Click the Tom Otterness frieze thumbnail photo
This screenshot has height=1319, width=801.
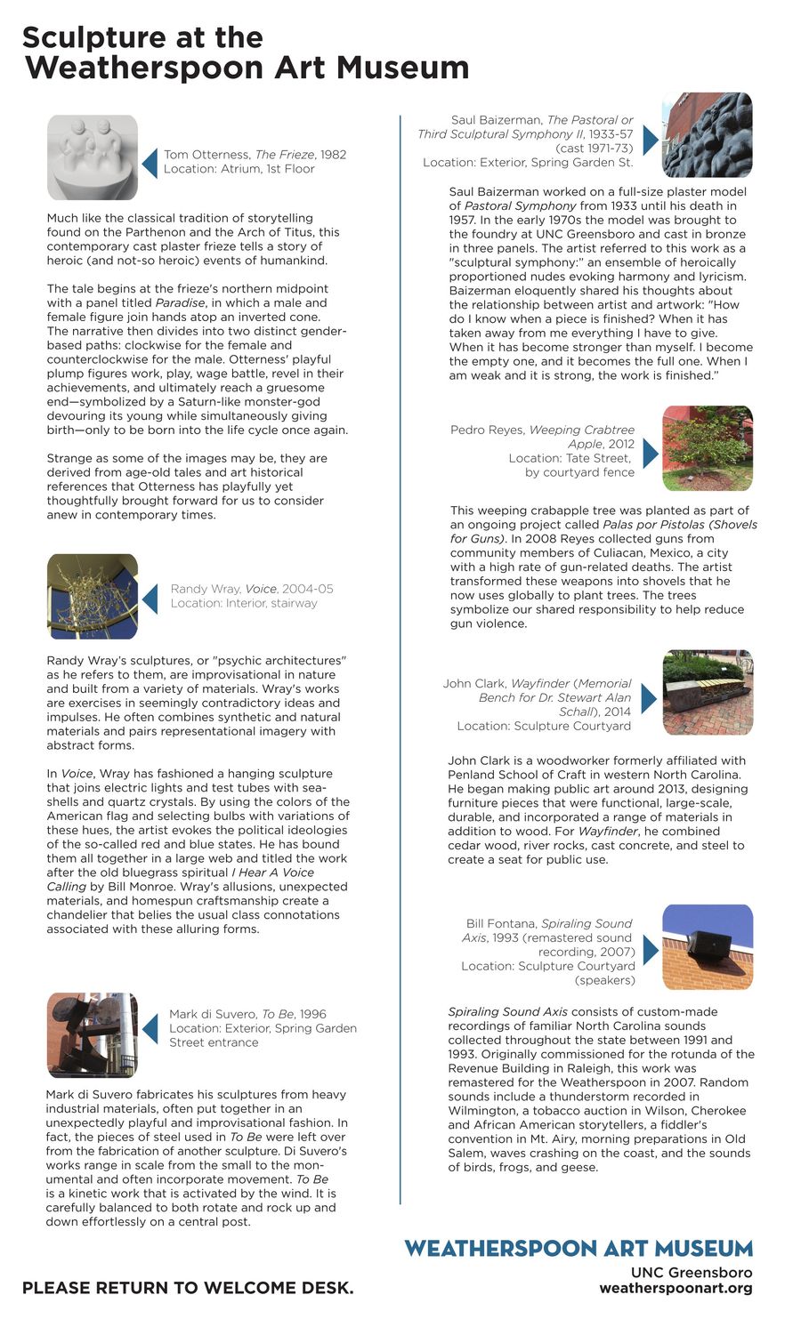coord(93,157)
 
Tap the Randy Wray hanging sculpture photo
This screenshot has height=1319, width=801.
coord(93,596)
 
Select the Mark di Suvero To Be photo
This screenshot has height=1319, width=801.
coord(93,1034)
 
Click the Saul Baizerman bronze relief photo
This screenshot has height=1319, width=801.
coord(708,135)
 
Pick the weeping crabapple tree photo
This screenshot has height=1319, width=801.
coord(708,448)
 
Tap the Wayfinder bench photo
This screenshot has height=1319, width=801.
coord(708,692)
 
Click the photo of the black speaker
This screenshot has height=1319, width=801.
coord(708,947)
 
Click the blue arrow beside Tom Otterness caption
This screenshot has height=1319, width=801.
coord(150,162)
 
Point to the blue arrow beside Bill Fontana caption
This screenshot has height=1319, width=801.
coord(650,951)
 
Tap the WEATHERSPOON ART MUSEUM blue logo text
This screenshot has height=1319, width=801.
coord(578,1248)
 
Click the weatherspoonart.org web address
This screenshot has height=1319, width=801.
coord(676,1288)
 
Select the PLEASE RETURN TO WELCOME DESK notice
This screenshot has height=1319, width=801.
coord(188,1288)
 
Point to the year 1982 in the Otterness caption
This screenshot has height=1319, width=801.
coord(333,155)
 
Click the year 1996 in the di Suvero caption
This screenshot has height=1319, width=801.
coord(312,1014)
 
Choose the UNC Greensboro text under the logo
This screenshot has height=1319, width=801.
coord(692,1273)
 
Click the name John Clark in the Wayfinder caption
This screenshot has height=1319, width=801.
coord(474,684)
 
